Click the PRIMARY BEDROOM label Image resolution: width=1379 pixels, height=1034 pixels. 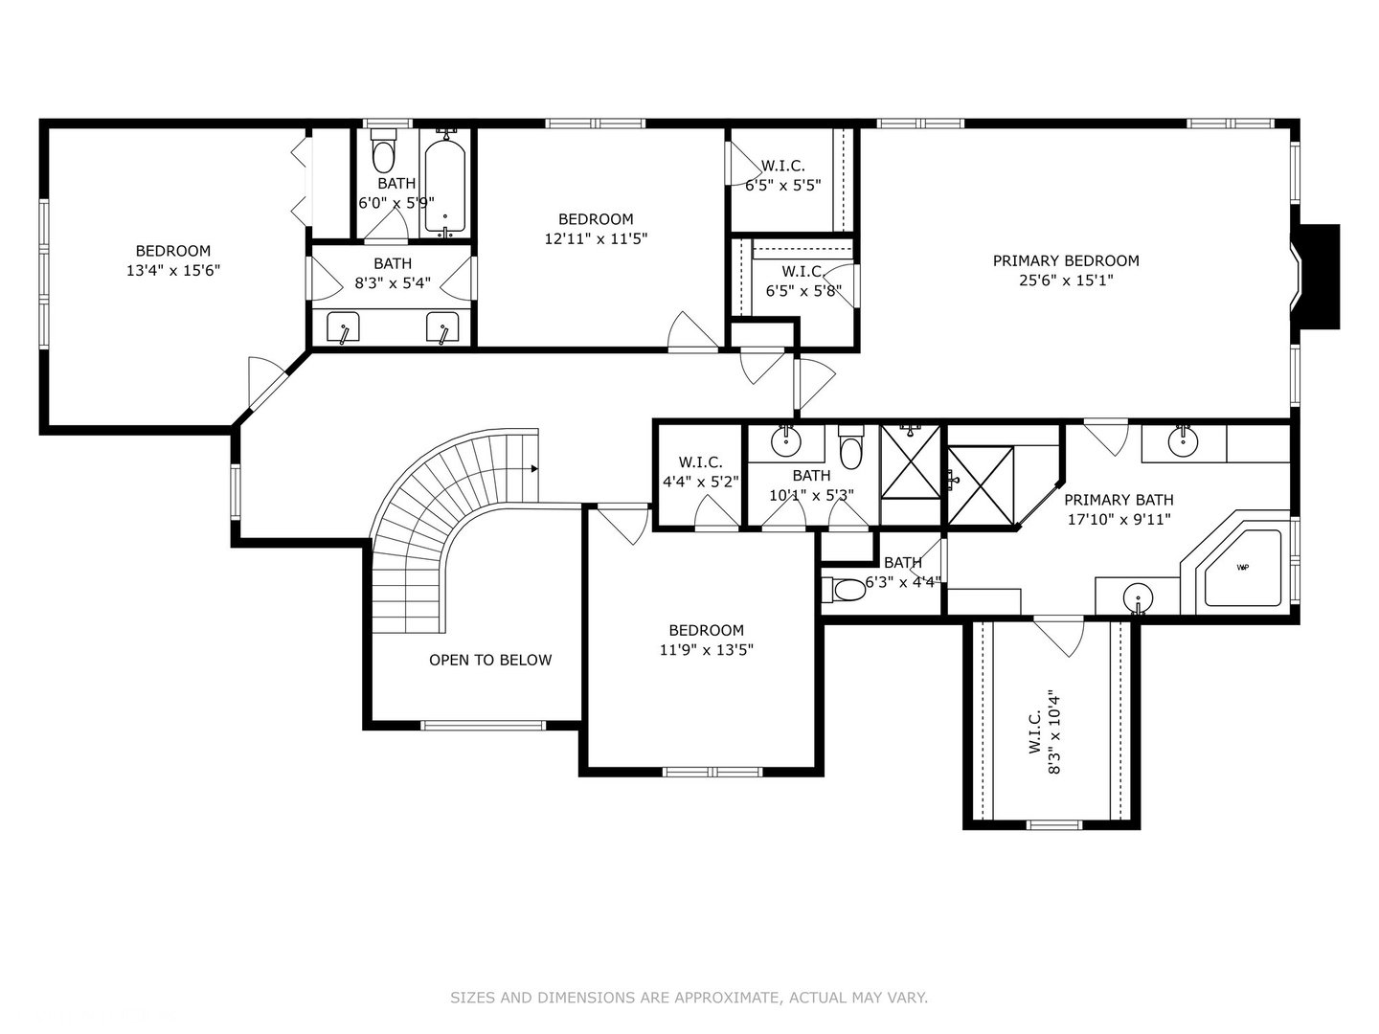[1066, 260]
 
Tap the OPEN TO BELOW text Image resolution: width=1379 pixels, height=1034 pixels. [490, 660]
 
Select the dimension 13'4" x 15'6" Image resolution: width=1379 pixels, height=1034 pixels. [172, 271]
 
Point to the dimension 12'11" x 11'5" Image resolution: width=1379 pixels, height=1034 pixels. [596, 239]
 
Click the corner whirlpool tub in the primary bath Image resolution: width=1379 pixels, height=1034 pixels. [1242, 568]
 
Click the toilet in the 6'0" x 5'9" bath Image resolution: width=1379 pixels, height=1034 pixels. [383, 150]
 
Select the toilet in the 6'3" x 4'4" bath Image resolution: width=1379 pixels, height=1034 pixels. [845, 590]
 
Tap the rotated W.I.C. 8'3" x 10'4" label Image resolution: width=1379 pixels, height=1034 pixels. [1045, 732]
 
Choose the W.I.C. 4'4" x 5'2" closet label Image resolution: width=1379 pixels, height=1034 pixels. [700, 472]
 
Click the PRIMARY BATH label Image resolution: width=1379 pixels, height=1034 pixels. [1119, 500]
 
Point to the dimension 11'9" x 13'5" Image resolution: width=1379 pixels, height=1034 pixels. [706, 650]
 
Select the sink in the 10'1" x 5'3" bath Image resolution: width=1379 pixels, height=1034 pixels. [785, 440]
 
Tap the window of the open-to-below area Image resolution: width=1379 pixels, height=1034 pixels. [483, 725]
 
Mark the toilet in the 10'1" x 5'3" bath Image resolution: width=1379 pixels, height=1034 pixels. [851, 447]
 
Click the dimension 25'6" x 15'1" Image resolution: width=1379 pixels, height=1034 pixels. [1066, 281]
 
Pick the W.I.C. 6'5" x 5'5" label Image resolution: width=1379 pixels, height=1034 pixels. [782, 176]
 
